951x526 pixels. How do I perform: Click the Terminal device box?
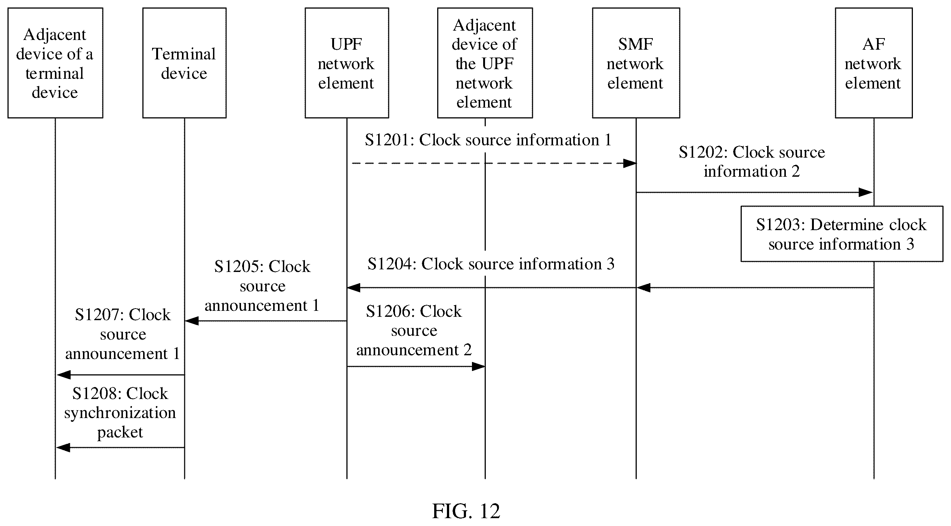click(184, 63)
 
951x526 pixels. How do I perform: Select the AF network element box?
click(874, 63)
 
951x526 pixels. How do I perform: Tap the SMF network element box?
click(636, 63)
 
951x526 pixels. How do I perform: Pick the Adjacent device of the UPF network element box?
click(485, 63)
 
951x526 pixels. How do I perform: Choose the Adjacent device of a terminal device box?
click(55, 63)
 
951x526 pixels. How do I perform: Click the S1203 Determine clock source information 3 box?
click(842, 234)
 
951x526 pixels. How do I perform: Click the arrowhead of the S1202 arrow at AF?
click(866, 192)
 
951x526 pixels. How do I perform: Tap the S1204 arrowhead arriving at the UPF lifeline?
click(353, 288)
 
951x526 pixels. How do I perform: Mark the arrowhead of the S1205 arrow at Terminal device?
click(192, 321)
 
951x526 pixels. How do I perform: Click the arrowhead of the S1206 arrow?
click(478, 366)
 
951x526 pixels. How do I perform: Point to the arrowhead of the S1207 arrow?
click(64, 375)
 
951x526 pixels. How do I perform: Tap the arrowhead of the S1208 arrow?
click(63, 447)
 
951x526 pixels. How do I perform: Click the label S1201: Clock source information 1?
click(488, 140)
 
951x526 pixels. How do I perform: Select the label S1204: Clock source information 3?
click(491, 264)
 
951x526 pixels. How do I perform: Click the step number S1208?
click(96, 393)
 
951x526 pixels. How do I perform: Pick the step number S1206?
click(390, 311)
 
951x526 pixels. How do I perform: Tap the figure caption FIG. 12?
click(466, 511)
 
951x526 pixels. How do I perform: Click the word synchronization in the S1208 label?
click(120, 413)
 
